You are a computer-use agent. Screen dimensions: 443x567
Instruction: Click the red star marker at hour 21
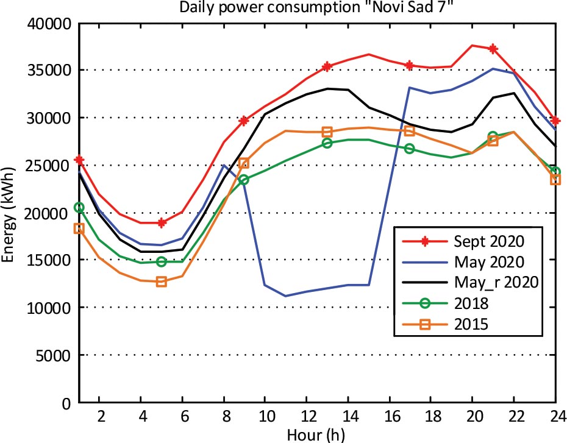[x=493, y=49]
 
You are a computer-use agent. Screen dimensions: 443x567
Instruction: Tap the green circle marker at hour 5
[x=162, y=261]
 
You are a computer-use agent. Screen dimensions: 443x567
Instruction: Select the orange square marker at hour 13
[x=327, y=132]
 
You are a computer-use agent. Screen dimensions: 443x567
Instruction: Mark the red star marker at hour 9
[x=244, y=121]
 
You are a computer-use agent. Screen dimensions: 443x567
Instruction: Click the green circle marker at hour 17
[x=410, y=149]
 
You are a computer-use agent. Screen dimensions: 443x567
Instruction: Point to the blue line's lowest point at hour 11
[x=285, y=296]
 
